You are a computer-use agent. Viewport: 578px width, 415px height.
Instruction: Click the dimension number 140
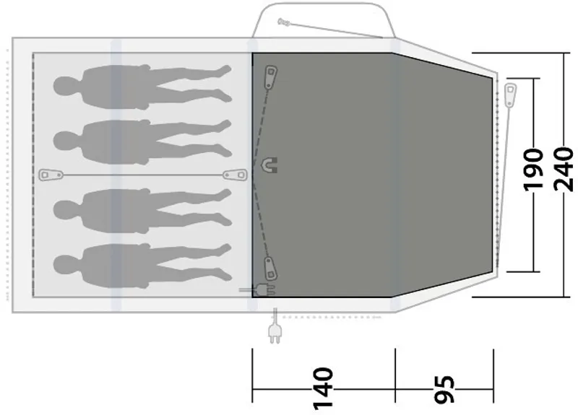[323, 388]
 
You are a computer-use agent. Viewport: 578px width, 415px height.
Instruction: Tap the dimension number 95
[444, 389]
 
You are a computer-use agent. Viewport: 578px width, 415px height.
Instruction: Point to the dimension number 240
[564, 169]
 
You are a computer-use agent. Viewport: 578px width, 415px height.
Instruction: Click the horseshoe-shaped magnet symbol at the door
[269, 165]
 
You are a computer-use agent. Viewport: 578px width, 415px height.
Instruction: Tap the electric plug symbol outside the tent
[275, 333]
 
